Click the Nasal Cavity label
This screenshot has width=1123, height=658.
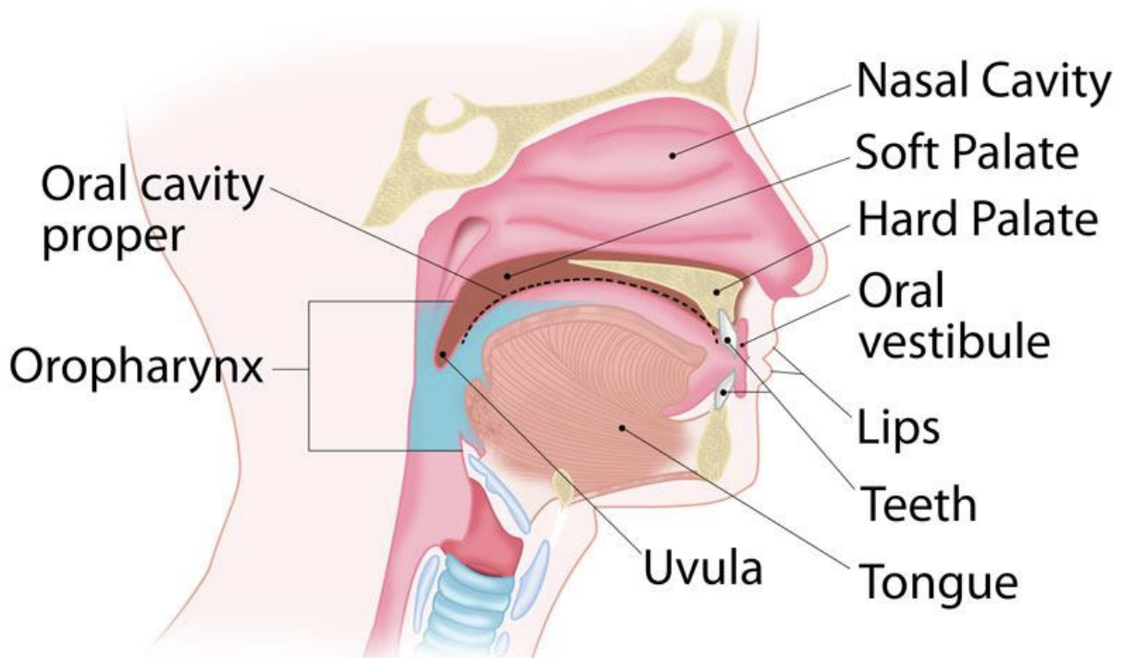coord(983,82)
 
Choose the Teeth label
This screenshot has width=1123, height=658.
coord(918,504)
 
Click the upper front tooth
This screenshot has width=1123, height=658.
coord(730,325)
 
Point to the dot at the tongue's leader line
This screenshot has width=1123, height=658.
coord(623,427)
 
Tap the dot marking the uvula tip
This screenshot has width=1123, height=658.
coord(443,353)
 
